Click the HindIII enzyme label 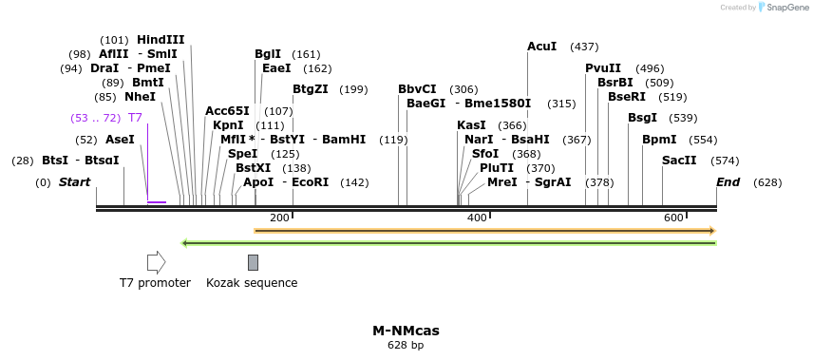pos(161,40)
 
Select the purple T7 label pos(135,118)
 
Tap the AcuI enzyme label pos(542,47)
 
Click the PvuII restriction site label pos(603,68)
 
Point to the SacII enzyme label pos(679,161)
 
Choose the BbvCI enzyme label pos(417,89)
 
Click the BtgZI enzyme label pos(311,89)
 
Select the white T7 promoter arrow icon pos(156,262)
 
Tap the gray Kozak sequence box pos(253,262)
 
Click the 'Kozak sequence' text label pos(252,283)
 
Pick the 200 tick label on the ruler pos(279,218)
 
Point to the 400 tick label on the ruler pos(477,218)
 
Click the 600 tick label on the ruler pos(674,218)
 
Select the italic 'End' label pos(728,181)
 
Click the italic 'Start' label pos(75,181)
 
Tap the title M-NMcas pos(406,331)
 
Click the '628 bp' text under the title pos(406,346)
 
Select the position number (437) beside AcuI pos(584,47)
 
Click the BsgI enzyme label pos(642,118)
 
